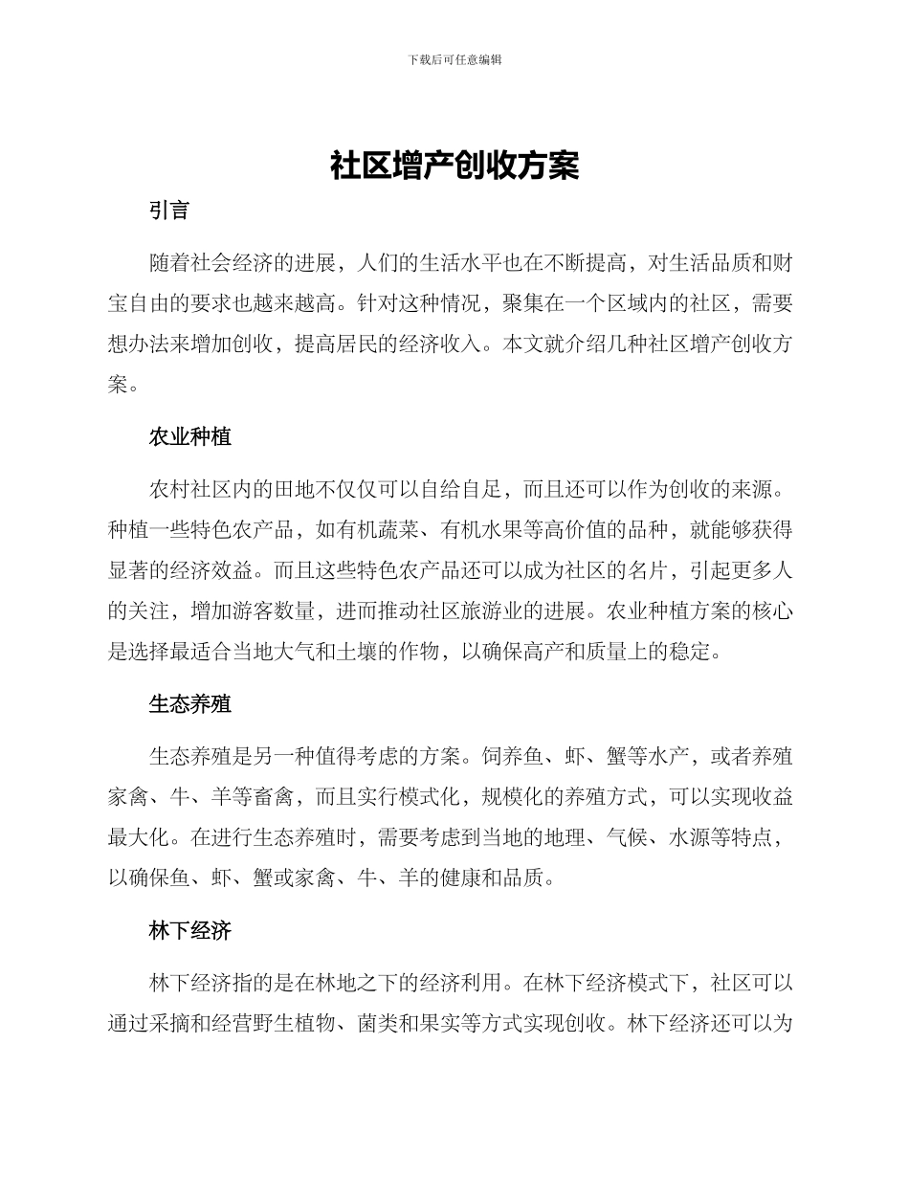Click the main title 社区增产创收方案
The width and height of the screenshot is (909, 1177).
click(454, 166)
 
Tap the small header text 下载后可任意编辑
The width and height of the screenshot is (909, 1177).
click(454, 59)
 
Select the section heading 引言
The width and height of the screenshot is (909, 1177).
click(169, 211)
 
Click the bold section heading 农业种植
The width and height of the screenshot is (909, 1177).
click(189, 437)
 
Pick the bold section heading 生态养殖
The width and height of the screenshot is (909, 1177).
click(189, 705)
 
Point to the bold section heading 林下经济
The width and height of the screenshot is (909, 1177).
click(189, 930)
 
